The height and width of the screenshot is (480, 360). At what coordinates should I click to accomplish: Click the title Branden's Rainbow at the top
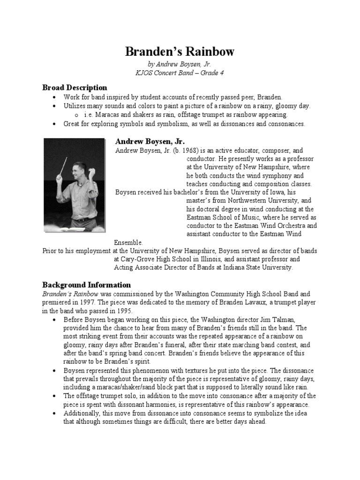coord(180,52)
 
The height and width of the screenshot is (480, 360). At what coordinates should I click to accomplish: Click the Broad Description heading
coord(75,88)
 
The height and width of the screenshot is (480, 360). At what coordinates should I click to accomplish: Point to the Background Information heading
coord(86,285)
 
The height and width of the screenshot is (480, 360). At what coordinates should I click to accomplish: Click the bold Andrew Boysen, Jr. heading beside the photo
coord(150,142)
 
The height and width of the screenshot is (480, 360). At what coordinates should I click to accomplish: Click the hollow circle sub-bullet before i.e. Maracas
coord(76,115)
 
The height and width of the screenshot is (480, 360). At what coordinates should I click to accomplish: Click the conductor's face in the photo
coord(78,170)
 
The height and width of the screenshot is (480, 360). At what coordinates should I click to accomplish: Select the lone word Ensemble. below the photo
coord(128,242)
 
